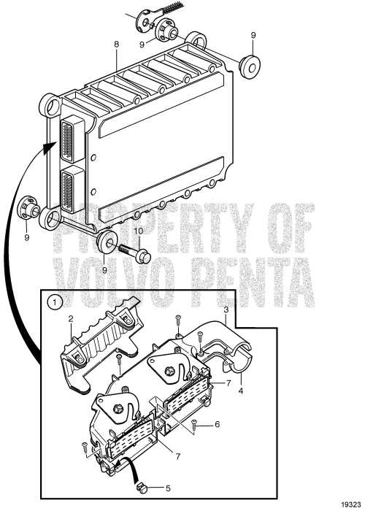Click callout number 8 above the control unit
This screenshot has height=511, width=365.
(x=116, y=45)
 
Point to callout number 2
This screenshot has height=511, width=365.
(x=72, y=318)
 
